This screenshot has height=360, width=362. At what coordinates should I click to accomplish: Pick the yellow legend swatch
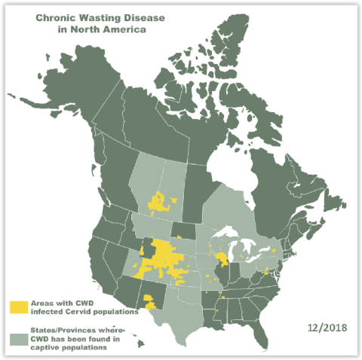pos(19,307)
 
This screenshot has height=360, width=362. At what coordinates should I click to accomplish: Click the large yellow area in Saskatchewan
pos(160,202)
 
